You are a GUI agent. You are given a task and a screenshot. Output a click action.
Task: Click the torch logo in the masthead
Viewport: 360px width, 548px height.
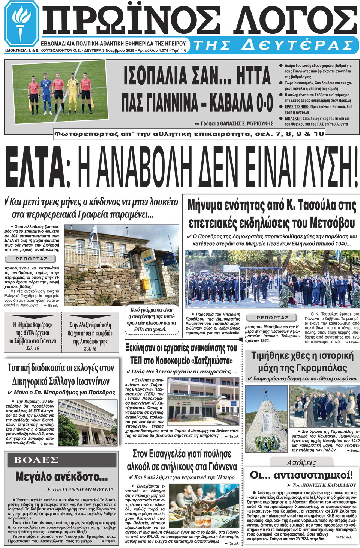point(21,23)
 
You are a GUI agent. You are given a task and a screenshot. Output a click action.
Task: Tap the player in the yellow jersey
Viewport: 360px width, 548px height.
point(72,93)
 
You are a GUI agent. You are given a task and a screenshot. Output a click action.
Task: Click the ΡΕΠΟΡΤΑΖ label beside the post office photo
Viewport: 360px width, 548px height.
point(31,259)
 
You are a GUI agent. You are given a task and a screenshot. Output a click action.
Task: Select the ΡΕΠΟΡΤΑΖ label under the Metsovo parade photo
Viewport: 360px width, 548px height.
point(272,318)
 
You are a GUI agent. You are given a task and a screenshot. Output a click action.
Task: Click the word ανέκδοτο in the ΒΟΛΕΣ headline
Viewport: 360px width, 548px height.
point(76,477)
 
